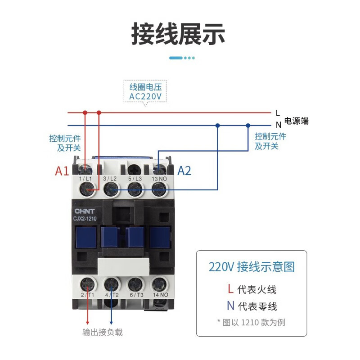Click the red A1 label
pos(62,171)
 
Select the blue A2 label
pos(184,171)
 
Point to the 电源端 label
pos(297,121)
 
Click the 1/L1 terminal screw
pos(86,190)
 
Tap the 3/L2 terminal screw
pos(110,190)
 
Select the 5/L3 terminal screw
pos(134,190)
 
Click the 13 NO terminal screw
pos(158,190)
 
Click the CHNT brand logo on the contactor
pos(83,211)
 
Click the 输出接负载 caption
pos(102,333)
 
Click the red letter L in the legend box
pos(230,289)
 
